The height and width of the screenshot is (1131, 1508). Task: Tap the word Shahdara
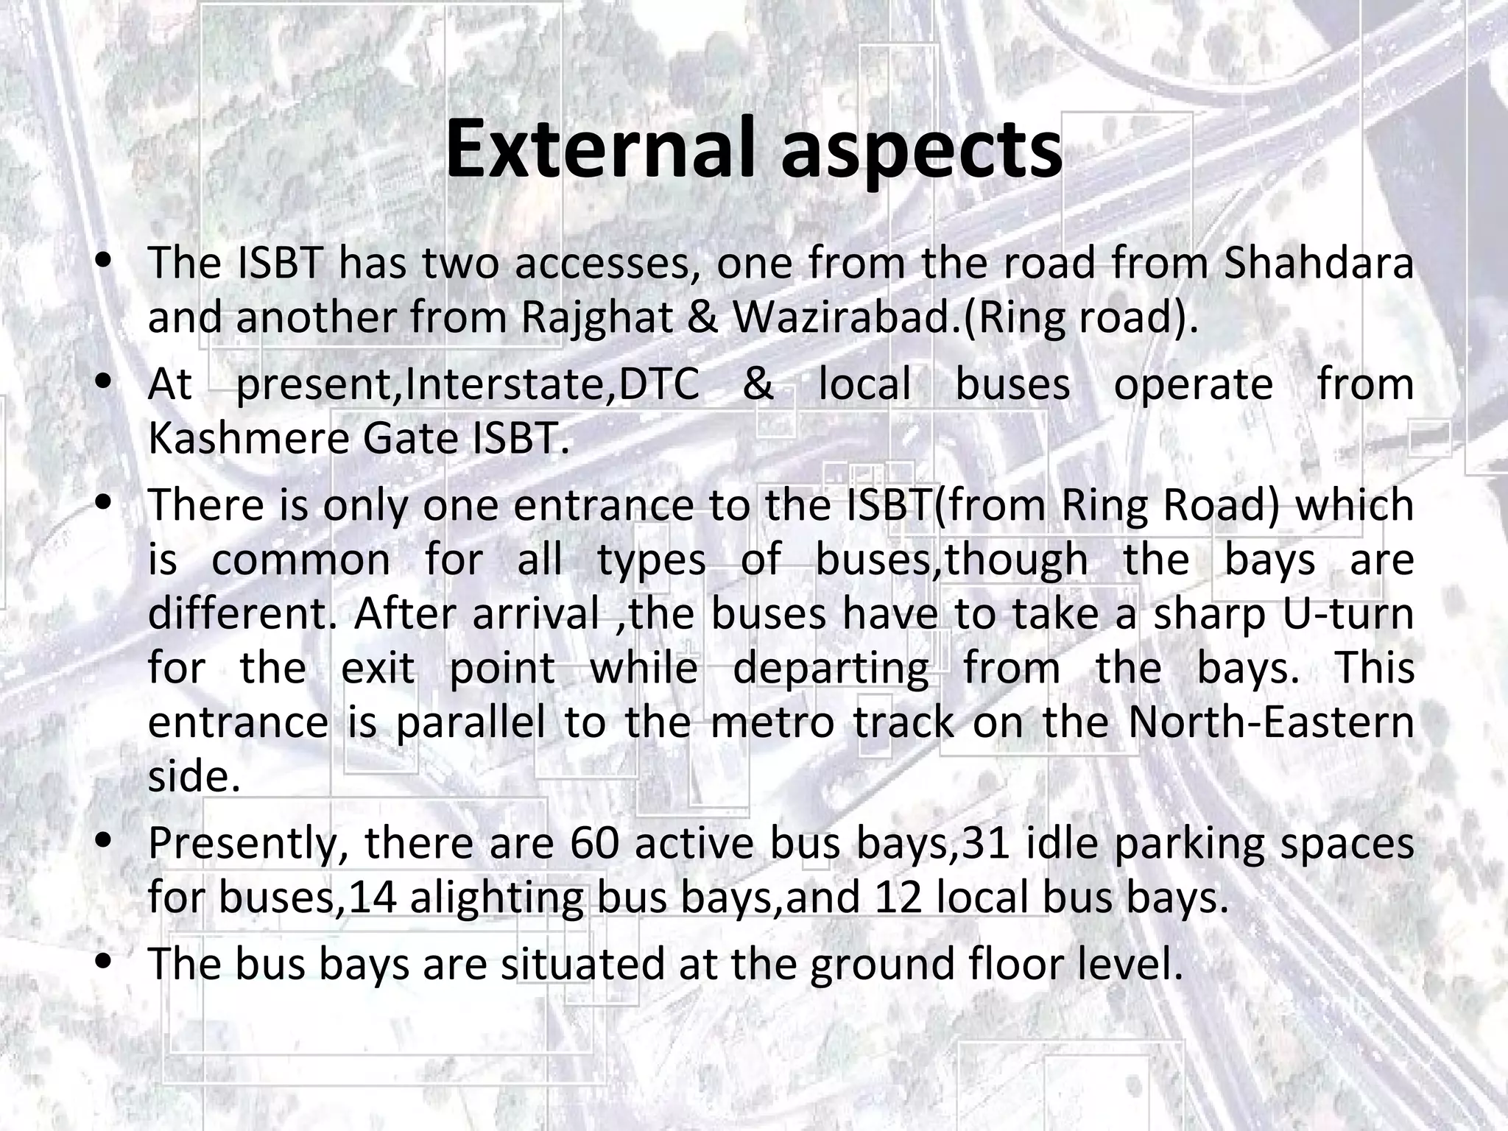[1318, 264]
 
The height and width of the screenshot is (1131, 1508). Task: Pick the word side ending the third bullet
[194, 777]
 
